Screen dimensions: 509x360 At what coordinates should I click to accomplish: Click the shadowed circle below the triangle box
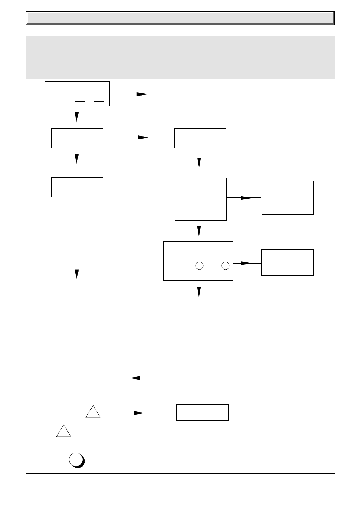coord(76,460)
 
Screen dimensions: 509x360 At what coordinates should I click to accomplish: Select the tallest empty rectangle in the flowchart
coord(199,334)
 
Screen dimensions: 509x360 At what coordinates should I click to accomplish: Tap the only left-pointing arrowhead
coord(135,378)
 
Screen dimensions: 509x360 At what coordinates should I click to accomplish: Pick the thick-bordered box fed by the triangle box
coord(202,412)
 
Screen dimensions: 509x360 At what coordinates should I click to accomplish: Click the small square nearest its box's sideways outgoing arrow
coord(99,97)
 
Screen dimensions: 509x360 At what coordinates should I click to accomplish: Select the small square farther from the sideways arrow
coord(80,97)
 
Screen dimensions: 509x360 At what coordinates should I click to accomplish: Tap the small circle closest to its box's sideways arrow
coord(225,265)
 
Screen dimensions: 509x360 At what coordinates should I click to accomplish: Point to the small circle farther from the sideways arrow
coord(199,265)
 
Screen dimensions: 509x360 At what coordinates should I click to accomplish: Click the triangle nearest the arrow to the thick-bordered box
coord(93,412)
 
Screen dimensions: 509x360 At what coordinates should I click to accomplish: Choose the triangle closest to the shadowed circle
coord(64,431)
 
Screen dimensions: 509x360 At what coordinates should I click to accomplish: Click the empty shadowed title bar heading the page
coord(180,18)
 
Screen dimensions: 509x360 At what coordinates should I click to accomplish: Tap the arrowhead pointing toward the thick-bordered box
coord(139,413)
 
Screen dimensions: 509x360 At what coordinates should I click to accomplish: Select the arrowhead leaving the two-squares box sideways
coord(142,94)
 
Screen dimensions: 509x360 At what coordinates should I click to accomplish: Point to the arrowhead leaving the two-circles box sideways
coord(246,263)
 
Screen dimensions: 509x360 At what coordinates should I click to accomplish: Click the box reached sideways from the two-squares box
coord(200,94)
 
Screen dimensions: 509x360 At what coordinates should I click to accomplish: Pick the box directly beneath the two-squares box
coord(77,138)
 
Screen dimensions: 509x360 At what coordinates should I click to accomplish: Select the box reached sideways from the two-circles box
coord(287,262)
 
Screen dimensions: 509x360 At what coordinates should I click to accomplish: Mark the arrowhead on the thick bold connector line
coord(246,198)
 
